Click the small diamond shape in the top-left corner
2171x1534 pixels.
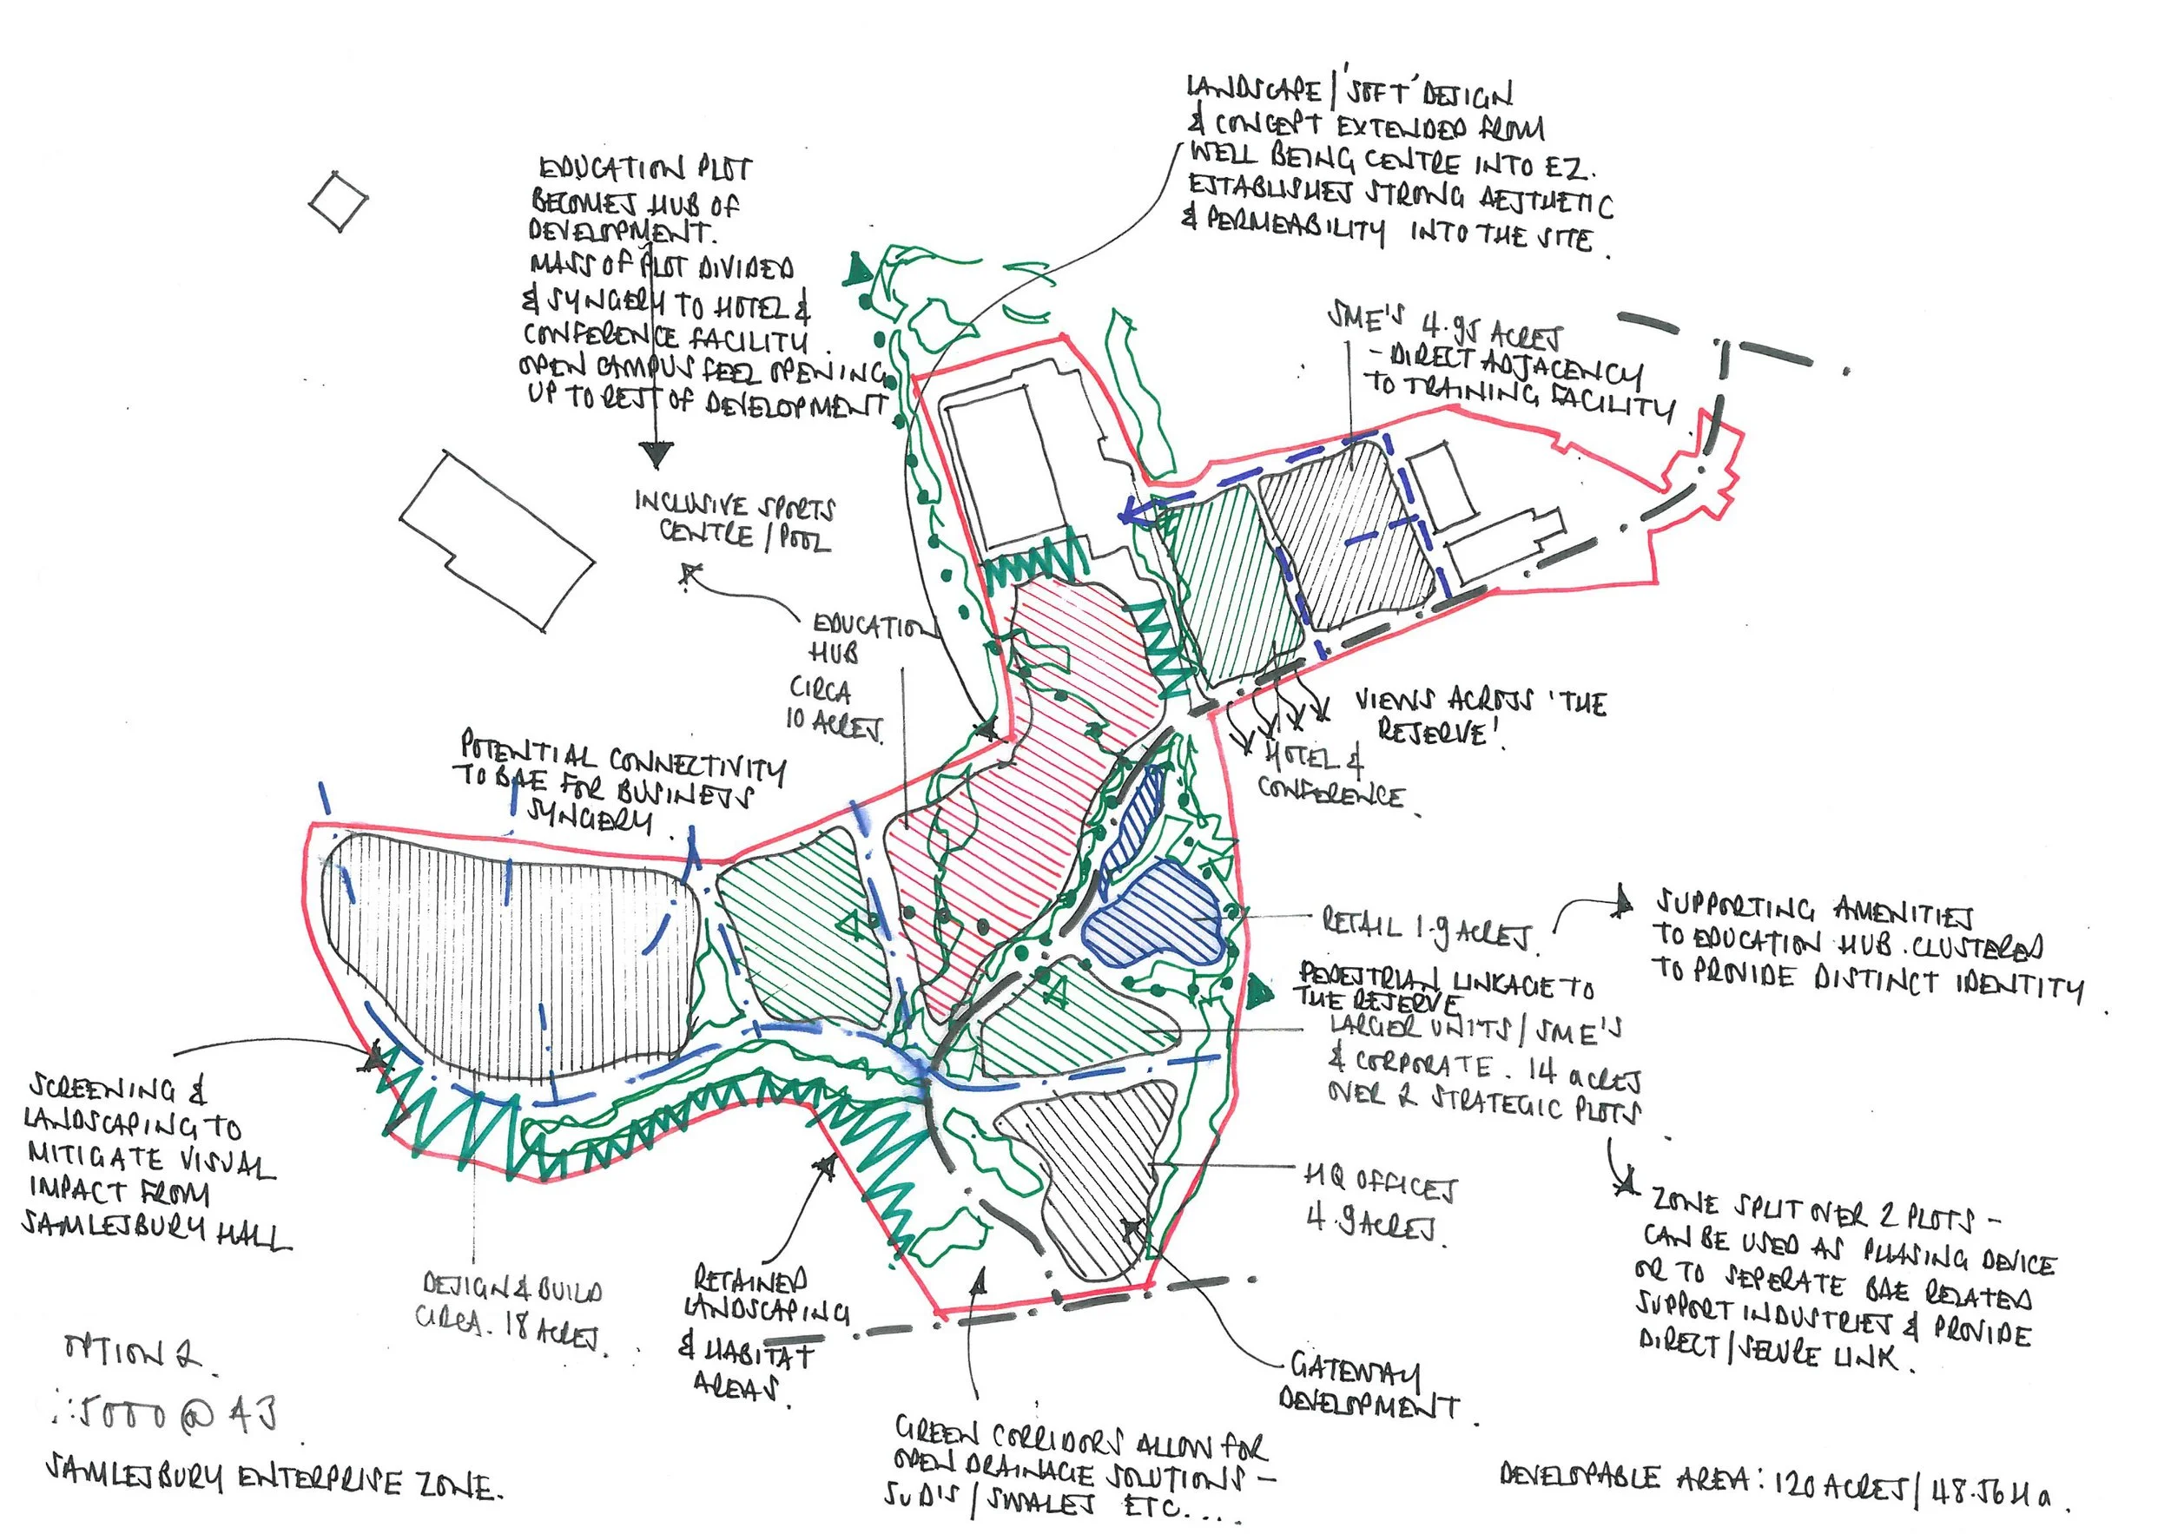tap(338, 201)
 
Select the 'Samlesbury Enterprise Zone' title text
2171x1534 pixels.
tap(274, 1485)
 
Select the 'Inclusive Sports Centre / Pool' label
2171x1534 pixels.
tap(736, 522)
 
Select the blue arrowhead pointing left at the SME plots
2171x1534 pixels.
tap(1131, 513)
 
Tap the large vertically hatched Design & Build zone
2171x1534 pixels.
tap(511, 955)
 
